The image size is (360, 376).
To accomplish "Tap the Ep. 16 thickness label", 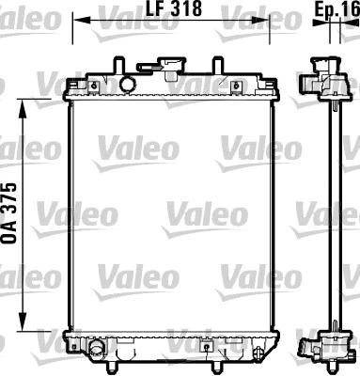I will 335,9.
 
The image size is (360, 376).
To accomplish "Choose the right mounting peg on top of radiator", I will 218,64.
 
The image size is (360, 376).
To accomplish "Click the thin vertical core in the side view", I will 332,216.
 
